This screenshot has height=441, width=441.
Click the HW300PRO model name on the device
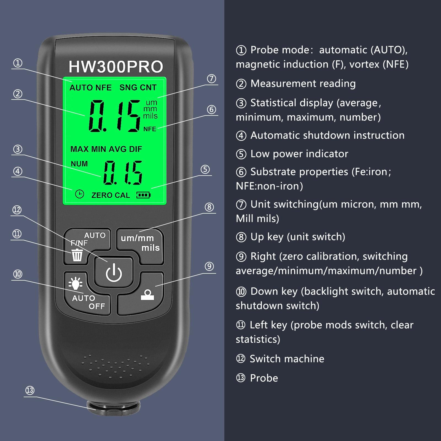click(116, 67)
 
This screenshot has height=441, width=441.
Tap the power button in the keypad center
click(114, 273)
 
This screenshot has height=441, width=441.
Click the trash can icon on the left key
click(77, 255)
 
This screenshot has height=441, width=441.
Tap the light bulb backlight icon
click(75, 283)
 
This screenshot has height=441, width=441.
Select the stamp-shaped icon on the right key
click(147, 295)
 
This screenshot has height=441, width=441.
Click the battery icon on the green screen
click(143, 195)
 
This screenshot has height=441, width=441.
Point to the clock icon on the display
click(79, 194)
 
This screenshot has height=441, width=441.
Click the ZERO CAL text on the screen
click(111, 195)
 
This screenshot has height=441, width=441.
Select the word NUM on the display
click(79, 164)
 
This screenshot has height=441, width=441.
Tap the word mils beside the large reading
click(150, 116)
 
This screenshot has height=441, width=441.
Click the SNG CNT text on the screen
click(138, 87)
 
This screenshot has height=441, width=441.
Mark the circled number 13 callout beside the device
click(30, 390)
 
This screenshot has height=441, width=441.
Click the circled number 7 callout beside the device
click(211, 79)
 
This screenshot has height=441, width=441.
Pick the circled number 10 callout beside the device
click(18, 274)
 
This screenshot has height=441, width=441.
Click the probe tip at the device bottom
click(114, 408)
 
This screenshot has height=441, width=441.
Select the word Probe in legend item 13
click(264, 378)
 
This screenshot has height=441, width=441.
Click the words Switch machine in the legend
click(287, 359)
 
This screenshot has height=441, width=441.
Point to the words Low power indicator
click(299, 154)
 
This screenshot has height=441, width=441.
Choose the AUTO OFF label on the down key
click(88, 302)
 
